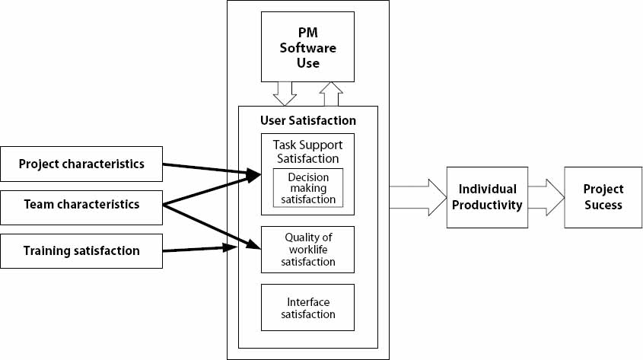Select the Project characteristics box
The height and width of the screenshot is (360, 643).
pos(81,164)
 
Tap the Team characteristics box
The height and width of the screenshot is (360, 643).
pos(81,204)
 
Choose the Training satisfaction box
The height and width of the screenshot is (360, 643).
pos(81,250)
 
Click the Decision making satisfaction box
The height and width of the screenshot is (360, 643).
pos(307,187)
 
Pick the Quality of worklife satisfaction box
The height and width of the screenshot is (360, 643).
pos(307,249)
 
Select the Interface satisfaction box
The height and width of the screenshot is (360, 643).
pos(307,307)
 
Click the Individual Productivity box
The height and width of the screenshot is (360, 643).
pos(487,196)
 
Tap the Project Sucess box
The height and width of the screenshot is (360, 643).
pos(603,196)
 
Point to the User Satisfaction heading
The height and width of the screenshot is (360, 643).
pos(307,120)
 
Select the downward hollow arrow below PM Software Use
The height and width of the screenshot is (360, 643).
pos(285,94)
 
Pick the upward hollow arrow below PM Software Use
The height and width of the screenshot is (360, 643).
pos(332,94)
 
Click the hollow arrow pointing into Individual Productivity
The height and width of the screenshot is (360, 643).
pos(417,197)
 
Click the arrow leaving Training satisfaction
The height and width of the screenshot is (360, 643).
pos(196,248)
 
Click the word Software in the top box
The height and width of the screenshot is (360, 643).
pos(308,48)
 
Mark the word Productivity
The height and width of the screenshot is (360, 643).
pos(487,204)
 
